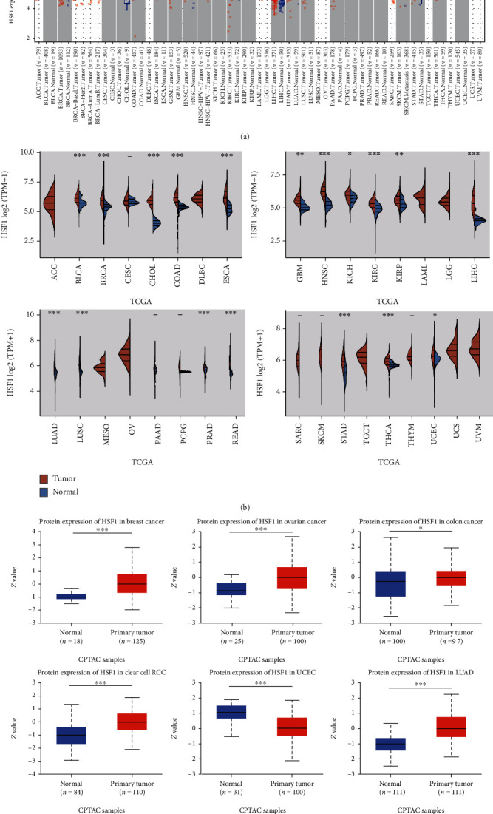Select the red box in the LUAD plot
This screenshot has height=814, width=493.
[446, 716]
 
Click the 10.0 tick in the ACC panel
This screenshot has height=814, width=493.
[21, 152]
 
